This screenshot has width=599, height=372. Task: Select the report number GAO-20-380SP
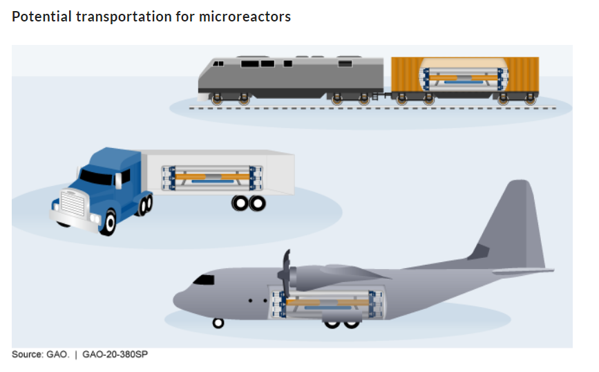click(x=115, y=355)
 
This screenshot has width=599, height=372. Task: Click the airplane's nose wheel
click(x=218, y=322)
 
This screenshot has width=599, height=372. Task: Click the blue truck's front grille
click(x=70, y=203)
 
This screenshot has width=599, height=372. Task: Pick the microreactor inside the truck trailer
click(x=211, y=178)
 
